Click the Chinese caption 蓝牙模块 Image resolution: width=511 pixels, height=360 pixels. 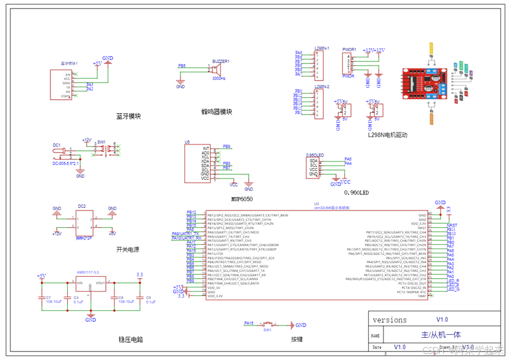[x=128, y=116]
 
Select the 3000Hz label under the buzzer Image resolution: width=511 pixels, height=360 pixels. [x=219, y=79]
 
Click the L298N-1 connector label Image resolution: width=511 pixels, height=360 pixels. [x=321, y=48]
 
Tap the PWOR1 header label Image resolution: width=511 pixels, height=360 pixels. [x=349, y=48]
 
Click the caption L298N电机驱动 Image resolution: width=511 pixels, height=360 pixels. [x=388, y=135]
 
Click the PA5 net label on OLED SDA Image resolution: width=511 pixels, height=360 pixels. [x=348, y=159]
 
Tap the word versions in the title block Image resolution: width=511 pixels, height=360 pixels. [x=390, y=320]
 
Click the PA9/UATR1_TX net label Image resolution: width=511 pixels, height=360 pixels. [x=186, y=233]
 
